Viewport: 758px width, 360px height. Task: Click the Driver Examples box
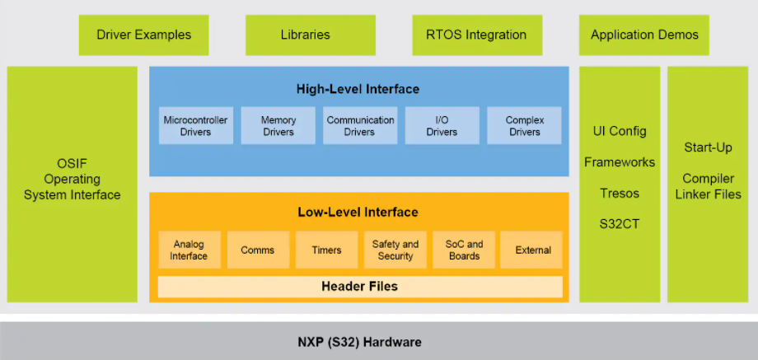(143, 35)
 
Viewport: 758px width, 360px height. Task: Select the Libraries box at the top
(305, 35)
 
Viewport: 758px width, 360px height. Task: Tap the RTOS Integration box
(476, 35)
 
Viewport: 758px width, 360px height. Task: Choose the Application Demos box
(644, 35)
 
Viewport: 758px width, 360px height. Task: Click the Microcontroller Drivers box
(195, 126)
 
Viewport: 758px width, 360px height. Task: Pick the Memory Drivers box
(278, 126)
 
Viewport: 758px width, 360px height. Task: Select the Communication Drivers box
(360, 126)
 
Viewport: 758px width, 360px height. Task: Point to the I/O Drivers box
(442, 126)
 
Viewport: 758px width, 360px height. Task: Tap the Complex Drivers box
(524, 126)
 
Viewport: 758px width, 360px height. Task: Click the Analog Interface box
(189, 250)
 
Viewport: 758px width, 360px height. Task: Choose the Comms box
(257, 250)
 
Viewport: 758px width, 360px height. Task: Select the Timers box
(326, 250)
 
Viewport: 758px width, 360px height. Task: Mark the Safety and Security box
(395, 250)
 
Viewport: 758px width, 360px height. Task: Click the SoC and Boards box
(464, 250)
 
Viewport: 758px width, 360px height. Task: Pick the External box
(532, 250)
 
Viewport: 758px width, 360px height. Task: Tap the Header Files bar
(359, 287)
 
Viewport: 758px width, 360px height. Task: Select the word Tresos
(620, 194)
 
